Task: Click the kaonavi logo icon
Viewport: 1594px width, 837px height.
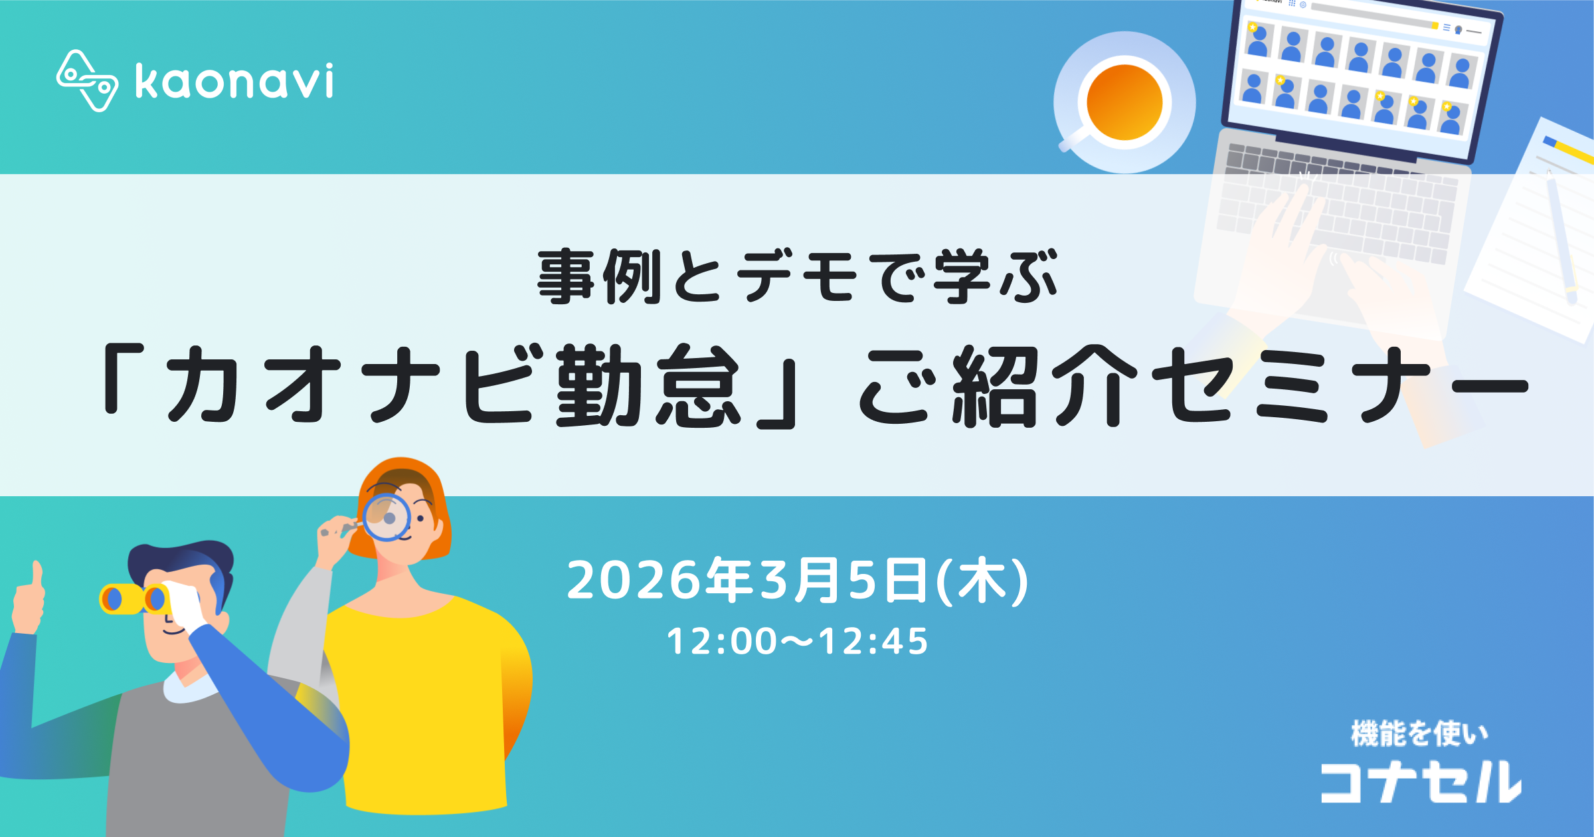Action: pyautogui.click(x=87, y=81)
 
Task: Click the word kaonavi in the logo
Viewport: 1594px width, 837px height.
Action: pyautogui.click(x=234, y=82)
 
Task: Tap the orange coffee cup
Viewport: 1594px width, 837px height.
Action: pyautogui.click(x=1124, y=102)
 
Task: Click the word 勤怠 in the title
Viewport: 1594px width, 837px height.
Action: pyautogui.click(x=648, y=385)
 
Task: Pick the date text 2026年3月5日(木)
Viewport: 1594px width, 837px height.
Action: pyautogui.click(x=797, y=581)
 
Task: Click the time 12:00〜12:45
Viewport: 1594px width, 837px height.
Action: pyautogui.click(x=797, y=642)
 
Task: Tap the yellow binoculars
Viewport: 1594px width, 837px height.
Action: pyautogui.click(x=133, y=599)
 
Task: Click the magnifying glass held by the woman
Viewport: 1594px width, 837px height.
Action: pyautogui.click(x=386, y=517)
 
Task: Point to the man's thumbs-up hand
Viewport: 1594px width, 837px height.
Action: pyautogui.click(x=28, y=598)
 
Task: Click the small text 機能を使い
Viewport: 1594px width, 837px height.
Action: pyautogui.click(x=1419, y=734)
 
